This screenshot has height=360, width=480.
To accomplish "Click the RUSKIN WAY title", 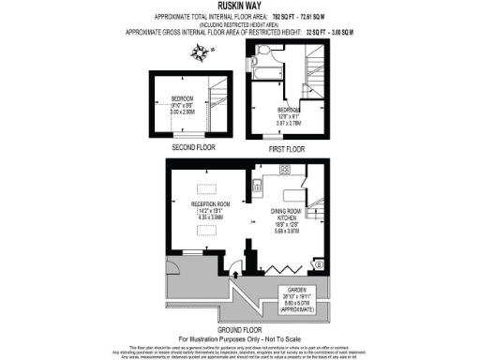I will coord(239,7).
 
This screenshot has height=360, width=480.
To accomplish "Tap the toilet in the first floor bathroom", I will coord(263,50).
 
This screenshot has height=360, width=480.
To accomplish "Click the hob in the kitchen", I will coord(281,170).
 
